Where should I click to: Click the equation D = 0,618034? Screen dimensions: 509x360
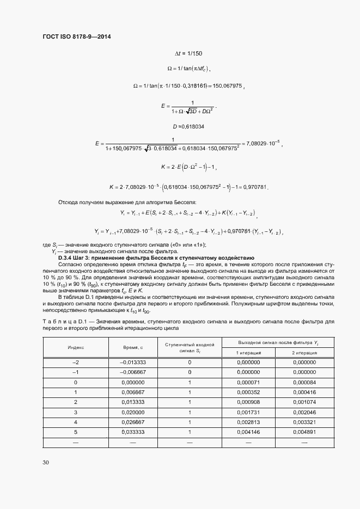coord(188,126)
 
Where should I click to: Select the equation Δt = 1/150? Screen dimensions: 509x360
coord(188,53)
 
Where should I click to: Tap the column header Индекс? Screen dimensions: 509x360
coord(76,347)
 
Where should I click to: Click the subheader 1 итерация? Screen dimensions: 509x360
coord(248,353)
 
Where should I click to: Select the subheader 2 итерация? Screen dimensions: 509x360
coord(303,353)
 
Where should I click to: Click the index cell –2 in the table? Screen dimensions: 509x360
coord(76,363)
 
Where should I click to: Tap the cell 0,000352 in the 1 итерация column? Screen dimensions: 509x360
coord(248,392)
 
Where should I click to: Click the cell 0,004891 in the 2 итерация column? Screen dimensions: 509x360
coord(303,431)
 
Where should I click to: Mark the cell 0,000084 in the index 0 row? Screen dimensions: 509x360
coord(303,382)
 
